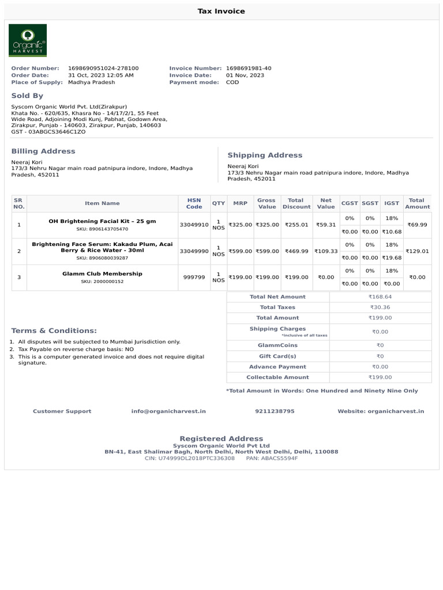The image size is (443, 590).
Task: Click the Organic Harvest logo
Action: coord(28,40)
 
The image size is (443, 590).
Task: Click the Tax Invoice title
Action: coord(221,11)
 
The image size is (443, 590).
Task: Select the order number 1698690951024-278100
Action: coord(103,68)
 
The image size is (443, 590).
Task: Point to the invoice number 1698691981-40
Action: coord(249,68)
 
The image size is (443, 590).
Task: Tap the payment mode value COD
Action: coord(232,82)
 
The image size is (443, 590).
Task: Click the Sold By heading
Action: coord(27,96)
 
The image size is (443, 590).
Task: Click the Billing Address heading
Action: coord(43,151)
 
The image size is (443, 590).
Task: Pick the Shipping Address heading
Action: coord(265,155)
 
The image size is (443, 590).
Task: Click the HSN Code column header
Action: coord(194,203)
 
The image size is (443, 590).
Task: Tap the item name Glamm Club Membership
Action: coord(102,274)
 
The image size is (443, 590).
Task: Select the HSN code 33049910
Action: coord(194,225)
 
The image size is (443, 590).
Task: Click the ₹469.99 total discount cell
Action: coord(296,251)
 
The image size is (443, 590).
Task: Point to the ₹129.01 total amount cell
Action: coord(417,251)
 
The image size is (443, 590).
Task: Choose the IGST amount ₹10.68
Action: coord(392,232)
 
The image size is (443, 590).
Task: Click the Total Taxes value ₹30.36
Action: coord(380,308)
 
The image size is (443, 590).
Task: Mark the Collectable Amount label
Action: coord(277,377)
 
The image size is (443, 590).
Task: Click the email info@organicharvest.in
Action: coord(168,411)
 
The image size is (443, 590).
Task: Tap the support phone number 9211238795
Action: coord(275,411)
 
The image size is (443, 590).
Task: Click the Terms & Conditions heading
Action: coord(54,331)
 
